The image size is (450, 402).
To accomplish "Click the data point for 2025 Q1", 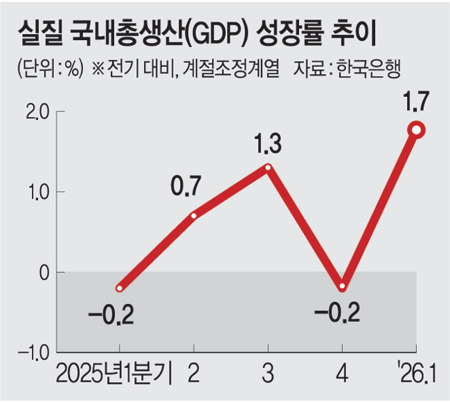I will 120,288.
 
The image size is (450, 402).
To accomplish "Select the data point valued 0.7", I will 194,215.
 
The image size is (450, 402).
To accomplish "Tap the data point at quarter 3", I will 268,167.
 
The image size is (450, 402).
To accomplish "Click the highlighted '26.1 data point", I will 417,129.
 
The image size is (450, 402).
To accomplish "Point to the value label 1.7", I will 417,102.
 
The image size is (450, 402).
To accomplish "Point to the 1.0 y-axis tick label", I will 35,192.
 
